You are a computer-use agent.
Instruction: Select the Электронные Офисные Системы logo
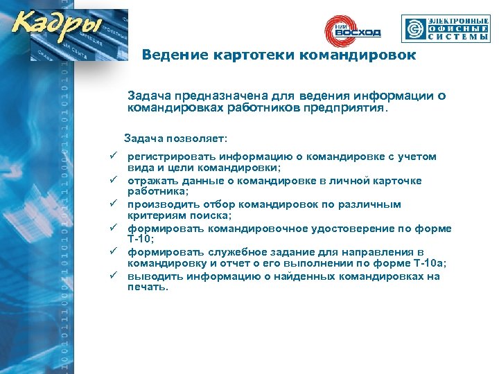pyautogui.click(x=446, y=29)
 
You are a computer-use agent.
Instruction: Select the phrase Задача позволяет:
pyautogui.click(x=166, y=138)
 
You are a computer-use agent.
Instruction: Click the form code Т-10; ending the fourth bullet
pyautogui.click(x=141, y=240)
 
